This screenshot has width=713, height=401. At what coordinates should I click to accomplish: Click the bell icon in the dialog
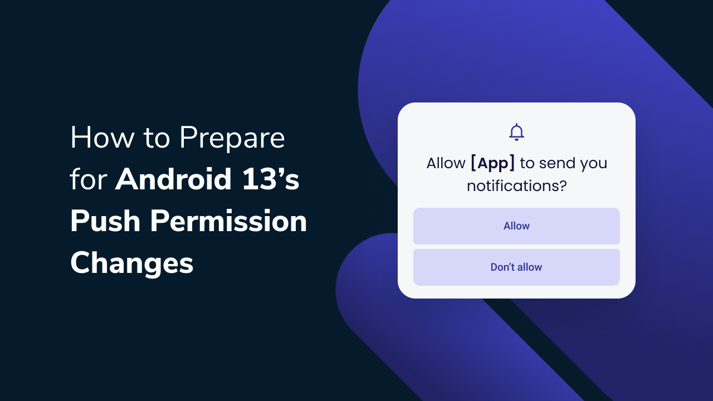tap(516, 132)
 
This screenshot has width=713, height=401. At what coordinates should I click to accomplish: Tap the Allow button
tap(516, 226)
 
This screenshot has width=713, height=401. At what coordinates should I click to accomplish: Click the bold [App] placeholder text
tap(492, 163)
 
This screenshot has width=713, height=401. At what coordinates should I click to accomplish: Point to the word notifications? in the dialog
tap(516, 185)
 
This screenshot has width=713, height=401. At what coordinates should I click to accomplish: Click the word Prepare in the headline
tap(232, 139)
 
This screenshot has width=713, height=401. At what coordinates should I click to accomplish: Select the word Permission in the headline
tap(228, 222)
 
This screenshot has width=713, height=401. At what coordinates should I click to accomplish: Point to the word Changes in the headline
tap(131, 263)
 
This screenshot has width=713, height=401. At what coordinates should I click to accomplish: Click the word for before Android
tap(89, 180)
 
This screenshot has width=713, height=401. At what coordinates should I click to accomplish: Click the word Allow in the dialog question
tap(446, 163)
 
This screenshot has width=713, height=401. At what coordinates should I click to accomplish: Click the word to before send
tap(527, 163)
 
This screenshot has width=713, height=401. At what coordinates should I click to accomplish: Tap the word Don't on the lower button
tap(502, 267)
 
